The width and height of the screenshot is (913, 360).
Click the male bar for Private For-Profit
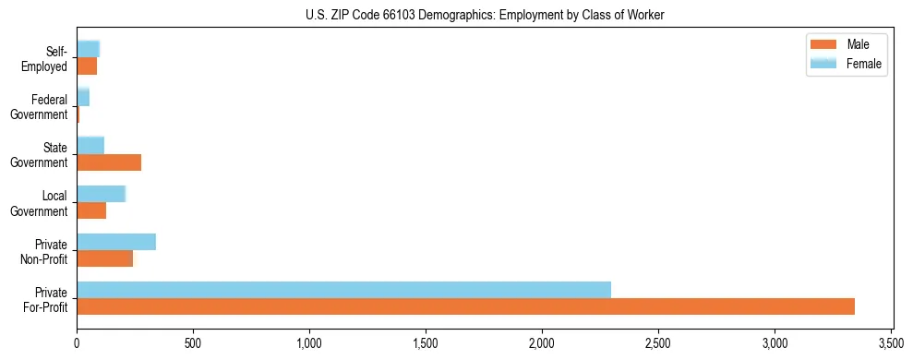click(x=465, y=306)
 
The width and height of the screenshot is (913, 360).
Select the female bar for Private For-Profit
click(x=343, y=290)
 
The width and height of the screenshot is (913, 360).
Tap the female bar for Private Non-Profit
click(x=116, y=242)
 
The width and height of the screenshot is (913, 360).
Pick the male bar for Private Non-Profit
click(x=104, y=258)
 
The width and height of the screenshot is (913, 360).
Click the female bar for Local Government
click(x=101, y=194)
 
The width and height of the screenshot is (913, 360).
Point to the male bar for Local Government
click(x=91, y=210)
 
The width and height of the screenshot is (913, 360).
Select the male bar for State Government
click(x=109, y=162)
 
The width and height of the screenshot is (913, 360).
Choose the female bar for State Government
click(x=90, y=145)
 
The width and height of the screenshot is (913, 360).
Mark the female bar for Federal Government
click(x=83, y=97)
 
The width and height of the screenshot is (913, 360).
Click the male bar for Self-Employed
click(x=87, y=66)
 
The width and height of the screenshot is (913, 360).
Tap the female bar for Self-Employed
click(x=88, y=49)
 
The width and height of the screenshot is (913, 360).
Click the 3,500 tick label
click(x=891, y=343)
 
